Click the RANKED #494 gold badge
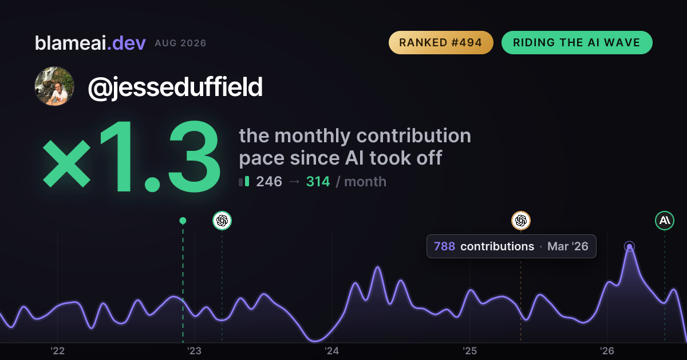(x=441, y=42)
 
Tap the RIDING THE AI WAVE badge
(x=577, y=42)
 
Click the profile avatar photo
(x=54, y=86)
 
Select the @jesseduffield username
(x=175, y=87)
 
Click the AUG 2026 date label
(x=180, y=43)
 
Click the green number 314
(x=318, y=182)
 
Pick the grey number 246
(x=269, y=182)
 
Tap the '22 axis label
(x=57, y=350)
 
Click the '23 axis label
(x=195, y=350)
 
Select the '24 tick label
(x=332, y=350)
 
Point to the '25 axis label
(x=469, y=350)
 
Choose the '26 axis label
(x=607, y=350)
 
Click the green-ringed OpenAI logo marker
(x=222, y=221)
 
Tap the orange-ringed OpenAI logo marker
(x=521, y=221)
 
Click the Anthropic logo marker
(x=665, y=221)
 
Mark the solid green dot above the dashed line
(x=183, y=221)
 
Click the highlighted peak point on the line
(x=629, y=246)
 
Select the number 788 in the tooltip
(x=444, y=246)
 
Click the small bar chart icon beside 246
(x=244, y=181)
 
